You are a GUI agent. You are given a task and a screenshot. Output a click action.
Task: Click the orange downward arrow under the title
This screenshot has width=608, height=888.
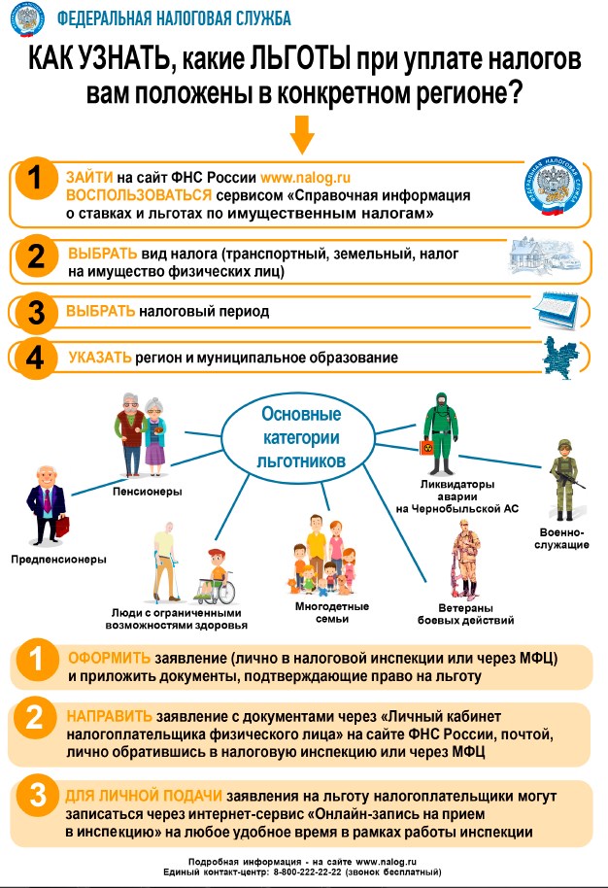click(302, 135)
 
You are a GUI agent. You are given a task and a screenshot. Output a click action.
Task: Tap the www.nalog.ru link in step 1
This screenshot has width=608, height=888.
click(305, 177)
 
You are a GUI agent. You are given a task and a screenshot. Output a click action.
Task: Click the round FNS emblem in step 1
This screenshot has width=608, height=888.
click(553, 187)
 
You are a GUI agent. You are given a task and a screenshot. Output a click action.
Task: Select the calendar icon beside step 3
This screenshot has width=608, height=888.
click(556, 309)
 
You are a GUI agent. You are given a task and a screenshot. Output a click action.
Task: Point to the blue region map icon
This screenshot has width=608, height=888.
click(560, 358)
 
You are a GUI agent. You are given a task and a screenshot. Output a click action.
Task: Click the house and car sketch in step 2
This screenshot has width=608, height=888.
click(545, 256)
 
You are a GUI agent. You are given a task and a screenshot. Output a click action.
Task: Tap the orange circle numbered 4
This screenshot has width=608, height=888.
click(35, 358)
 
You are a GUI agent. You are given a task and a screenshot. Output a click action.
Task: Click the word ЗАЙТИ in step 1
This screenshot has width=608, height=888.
click(89, 177)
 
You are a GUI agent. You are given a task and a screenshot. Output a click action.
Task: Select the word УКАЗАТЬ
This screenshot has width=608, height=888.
click(100, 358)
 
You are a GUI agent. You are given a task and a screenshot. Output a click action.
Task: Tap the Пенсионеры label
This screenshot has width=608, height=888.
click(148, 491)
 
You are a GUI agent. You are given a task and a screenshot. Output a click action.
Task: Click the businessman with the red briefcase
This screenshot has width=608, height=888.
click(48, 505)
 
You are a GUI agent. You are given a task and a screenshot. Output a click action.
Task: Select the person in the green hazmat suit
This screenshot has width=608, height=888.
click(440, 433)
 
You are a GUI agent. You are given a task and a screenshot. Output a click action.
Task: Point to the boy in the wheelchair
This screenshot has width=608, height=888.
click(215, 576)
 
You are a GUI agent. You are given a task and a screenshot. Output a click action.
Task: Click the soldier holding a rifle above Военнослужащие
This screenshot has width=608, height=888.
click(564, 480)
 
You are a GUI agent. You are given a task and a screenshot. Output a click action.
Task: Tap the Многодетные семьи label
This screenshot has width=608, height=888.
click(332, 613)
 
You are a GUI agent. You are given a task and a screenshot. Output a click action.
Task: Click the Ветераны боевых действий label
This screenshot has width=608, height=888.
click(466, 614)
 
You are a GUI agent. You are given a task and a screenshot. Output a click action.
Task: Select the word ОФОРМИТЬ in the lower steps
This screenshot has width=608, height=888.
click(109, 658)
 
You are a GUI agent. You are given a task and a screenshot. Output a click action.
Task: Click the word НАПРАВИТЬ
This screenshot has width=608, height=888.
click(109, 716)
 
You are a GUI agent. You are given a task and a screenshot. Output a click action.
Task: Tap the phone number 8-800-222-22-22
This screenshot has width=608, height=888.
click(307, 872)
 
